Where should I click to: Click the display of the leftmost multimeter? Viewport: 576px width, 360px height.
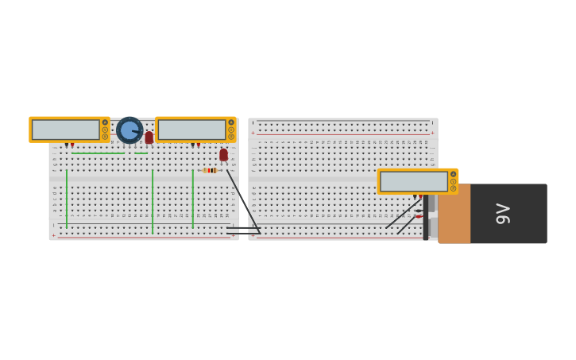pyautogui.click(x=66, y=130)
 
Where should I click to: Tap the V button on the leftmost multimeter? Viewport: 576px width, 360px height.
pyautogui.click(x=105, y=130)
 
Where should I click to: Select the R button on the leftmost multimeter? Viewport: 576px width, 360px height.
pyautogui.click(x=105, y=137)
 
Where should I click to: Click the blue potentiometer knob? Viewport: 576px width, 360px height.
pyautogui.click(x=129, y=130)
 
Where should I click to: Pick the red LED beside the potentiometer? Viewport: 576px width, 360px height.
pyautogui.click(x=149, y=137)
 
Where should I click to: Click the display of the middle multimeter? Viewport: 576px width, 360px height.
pyautogui.click(x=192, y=130)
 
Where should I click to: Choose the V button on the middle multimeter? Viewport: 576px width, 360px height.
pyautogui.click(x=231, y=130)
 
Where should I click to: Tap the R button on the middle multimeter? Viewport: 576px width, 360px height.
pyautogui.click(x=231, y=137)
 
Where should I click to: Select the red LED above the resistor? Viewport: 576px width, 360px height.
pyautogui.click(x=224, y=154)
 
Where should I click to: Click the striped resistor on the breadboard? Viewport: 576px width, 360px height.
pyautogui.click(x=210, y=170)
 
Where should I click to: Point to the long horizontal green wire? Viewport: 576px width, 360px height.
pyautogui.click(x=98, y=153)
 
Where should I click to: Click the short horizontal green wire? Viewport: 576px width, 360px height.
pyautogui.click(x=141, y=153)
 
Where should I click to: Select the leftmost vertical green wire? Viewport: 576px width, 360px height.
pyautogui.click(x=67, y=199)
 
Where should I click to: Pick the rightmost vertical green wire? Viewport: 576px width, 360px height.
pyautogui.click(x=192, y=199)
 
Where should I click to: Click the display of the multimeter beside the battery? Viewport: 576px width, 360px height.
pyautogui.click(x=414, y=181)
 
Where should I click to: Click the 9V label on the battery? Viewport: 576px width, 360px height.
pyautogui.click(x=503, y=214)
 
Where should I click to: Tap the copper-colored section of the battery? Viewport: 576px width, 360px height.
pyautogui.click(x=454, y=214)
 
